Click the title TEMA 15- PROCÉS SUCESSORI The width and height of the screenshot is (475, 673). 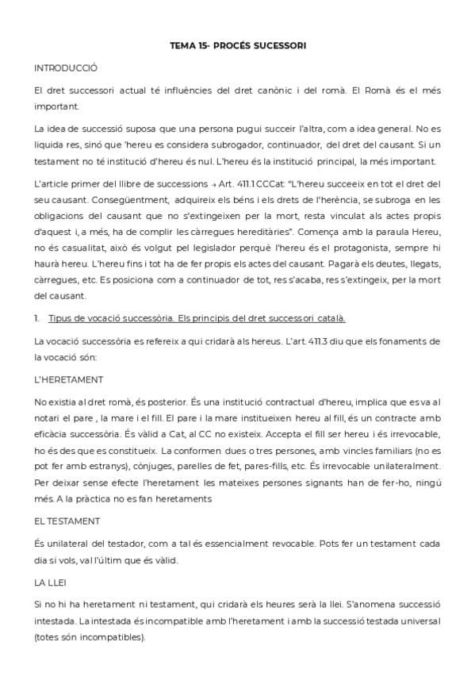coord(237,46)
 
